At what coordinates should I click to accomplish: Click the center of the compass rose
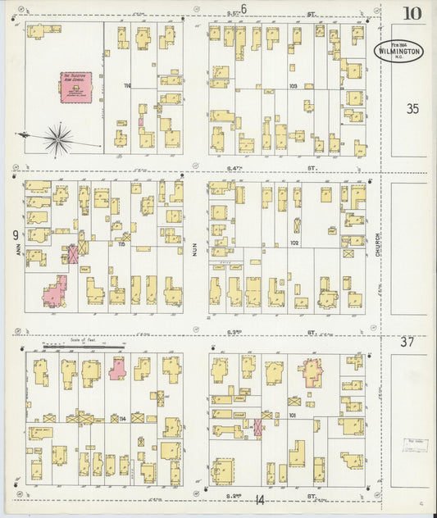pyautogui.click(x=57, y=138)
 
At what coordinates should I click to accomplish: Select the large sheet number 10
pyautogui.click(x=413, y=13)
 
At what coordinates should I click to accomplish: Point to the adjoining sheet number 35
pyautogui.click(x=412, y=107)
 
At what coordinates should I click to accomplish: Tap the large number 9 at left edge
pyautogui.click(x=16, y=235)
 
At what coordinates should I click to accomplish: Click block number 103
pyautogui.click(x=293, y=86)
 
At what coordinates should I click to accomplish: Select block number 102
pyautogui.click(x=294, y=243)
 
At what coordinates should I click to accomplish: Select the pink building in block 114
pyautogui.click(x=117, y=368)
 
